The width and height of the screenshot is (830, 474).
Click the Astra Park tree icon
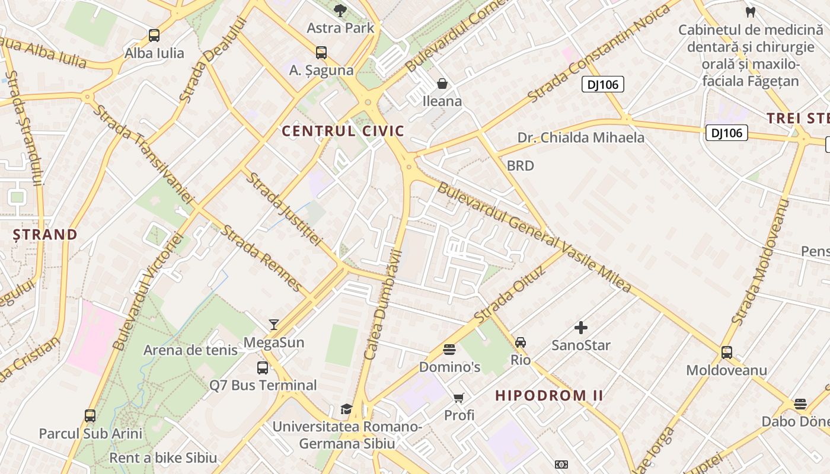pyautogui.click(x=340, y=10)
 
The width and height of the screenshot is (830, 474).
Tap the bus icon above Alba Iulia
pyautogui.click(x=154, y=36)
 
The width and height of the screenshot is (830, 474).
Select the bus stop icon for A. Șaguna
pyautogui.click(x=321, y=53)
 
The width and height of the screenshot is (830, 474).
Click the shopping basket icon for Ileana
pyautogui.click(x=442, y=84)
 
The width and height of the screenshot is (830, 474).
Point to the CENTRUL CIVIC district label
pyautogui.click(x=343, y=131)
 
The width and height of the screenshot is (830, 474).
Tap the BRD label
pyautogui.click(x=521, y=166)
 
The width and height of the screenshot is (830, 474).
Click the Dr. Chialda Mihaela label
pyautogui.click(x=580, y=137)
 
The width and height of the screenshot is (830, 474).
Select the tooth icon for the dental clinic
pyautogui.click(x=750, y=12)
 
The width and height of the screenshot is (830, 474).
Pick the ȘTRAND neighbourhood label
pyautogui.click(x=46, y=235)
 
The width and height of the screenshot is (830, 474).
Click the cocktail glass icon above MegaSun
pyautogui.click(x=274, y=324)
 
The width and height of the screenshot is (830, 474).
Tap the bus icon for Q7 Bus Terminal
pyautogui.click(x=263, y=368)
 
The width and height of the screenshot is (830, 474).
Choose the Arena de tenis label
pyautogui.click(x=190, y=350)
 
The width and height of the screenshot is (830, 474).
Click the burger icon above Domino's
pyautogui.click(x=449, y=350)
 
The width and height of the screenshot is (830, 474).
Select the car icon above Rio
pyautogui.click(x=521, y=342)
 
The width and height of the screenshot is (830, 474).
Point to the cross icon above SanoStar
pyautogui.click(x=581, y=327)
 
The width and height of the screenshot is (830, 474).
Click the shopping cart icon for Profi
pyautogui.click(x=459, y=398)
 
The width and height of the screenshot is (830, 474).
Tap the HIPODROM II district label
pyautogui.click(x=549, y=395)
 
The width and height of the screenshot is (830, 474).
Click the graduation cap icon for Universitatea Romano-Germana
pyautogui.click(x=346, y=409)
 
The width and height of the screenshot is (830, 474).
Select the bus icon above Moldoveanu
pyautogui.click(x=727, y=353)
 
